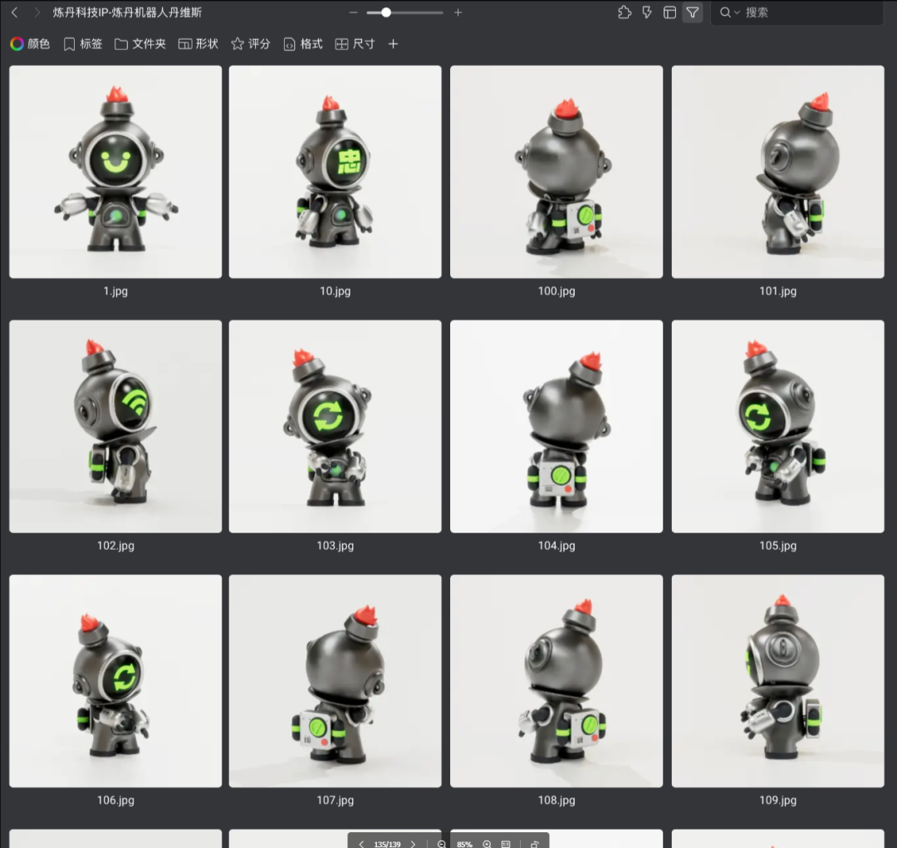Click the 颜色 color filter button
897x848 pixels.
pos(31,44)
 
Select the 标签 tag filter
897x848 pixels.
pos(83,44)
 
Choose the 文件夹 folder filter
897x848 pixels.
pos(140,44)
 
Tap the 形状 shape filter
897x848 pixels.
pos(199,44)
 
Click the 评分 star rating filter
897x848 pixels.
pos(251,44)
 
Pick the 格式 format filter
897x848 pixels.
pos(303,44)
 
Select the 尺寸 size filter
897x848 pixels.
pos(355,44)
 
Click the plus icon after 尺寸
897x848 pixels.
pos(393,44)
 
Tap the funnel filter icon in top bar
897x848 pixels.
pos(692,12)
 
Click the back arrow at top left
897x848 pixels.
pos(15,12)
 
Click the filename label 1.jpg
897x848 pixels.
pos(115,292)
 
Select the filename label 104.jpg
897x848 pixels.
pos(556,546)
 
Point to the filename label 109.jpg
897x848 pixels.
pos(778,801)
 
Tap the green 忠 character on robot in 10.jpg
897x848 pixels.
pos(349,161)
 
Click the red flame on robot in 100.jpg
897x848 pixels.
pos(566,106)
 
